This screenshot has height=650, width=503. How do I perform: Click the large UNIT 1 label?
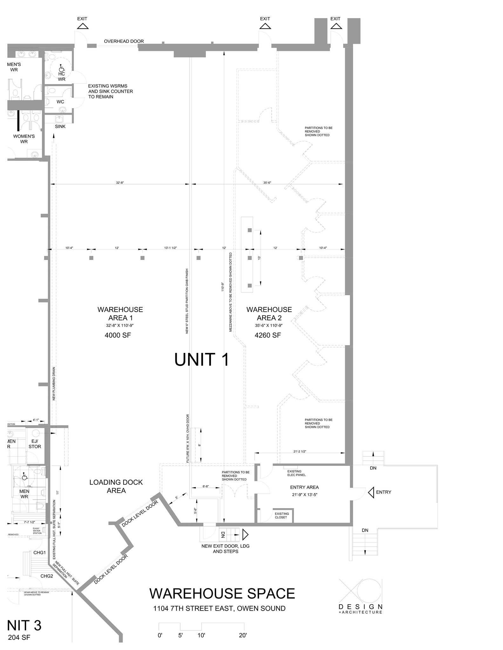point(202,360)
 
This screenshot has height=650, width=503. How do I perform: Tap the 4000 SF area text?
point(118,335)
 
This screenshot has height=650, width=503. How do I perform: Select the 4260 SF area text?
point(268,335)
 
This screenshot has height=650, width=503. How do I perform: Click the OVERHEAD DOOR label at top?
point(124,41)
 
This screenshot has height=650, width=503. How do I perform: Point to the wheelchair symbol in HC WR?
point(61,68)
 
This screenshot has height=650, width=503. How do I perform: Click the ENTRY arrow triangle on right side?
point(371,493)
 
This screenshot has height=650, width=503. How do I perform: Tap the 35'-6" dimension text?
point(267,183)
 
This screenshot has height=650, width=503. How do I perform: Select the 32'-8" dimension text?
point(120,183)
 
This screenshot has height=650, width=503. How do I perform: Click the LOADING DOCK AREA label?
point(116,486)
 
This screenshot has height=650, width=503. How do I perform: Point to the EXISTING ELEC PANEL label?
point(296,473)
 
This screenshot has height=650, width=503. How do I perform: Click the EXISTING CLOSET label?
point(282,515)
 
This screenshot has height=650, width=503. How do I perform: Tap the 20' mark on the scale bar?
point(243,635)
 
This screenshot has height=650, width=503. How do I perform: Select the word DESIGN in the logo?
point(360,607)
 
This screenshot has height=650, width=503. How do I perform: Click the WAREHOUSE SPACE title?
point(222,594)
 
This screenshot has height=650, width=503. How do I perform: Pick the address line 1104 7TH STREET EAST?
point(219,608)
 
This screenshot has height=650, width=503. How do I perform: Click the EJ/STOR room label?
point(35,444)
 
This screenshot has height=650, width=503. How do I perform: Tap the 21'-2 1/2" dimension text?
point(300,451)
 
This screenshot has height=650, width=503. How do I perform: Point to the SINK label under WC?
point(60,126)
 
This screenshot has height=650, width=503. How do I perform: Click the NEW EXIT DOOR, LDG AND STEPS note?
point(225,549)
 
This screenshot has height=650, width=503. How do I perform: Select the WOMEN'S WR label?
point(24,139)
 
